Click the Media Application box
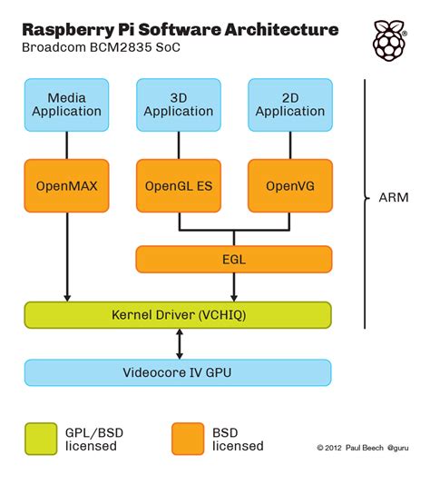coord(67,104)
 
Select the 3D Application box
coord(179,104)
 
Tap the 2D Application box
coord(290,104)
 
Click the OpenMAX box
coord(67,186)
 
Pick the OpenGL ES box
coord(179,186)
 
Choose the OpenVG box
coord(290,186)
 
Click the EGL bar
coord(233,259)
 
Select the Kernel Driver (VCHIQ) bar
coord(178,315)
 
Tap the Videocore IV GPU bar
coord(178,372)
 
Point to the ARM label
coord(393,196)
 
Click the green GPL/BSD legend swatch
coord(41,438)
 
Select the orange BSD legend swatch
coord(188,438)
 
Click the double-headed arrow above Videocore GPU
coord(179,343)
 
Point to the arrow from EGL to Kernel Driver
coord(234,287)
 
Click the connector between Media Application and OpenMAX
coord(67,145)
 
